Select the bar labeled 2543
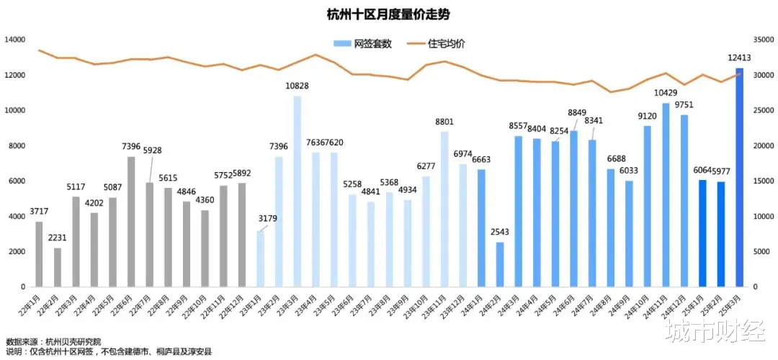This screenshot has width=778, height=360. (500, 264)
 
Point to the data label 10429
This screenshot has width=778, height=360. (666, 93)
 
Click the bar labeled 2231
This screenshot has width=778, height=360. (58, 267)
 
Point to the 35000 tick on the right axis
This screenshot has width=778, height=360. (763, 40)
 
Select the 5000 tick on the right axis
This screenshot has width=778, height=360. (761, 251)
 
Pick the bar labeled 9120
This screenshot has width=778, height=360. (648, 206)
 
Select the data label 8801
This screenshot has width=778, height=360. (443, 122)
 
